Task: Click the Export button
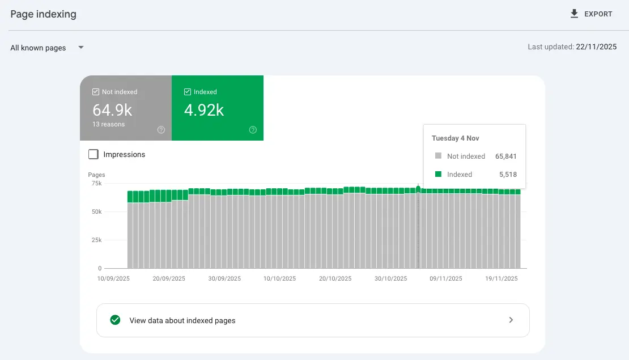[x=591, y=14]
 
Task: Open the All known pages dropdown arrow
[x=81, y=48]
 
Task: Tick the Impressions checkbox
[x=93, y=154]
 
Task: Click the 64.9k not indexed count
[x=112, y=109]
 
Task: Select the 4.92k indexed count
[x=204, y=109]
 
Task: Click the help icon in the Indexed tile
[x=253, y=130]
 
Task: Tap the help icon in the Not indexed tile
[x=161, y=130]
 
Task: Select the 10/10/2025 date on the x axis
[x=280, y=278]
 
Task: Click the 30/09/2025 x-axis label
[x=224, y=278]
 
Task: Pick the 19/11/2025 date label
[x=501, y=278]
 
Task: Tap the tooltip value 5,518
[x=507, y=175]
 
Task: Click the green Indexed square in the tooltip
[x=437, y=175]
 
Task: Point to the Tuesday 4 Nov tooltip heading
[x=456, y=138]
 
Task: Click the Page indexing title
[x=43, y=14]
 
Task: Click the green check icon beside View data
[x=115, y=320]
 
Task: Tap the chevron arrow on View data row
[x=511, y=320]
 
